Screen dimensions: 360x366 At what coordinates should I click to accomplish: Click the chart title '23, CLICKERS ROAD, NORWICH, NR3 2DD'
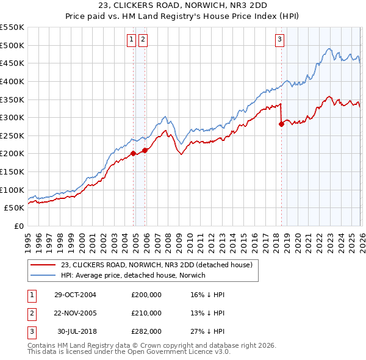pos(182,7)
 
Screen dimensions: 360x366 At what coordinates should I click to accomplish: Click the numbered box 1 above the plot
pos(131,40)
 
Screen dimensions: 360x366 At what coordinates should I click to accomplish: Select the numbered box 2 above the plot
pos(143,40)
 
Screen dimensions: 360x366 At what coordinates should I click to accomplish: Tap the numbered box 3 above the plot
pos(279,40)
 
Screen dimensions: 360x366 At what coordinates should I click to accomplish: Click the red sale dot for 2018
pos(281,124)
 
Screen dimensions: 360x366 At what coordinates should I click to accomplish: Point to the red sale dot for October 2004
pos(133,154)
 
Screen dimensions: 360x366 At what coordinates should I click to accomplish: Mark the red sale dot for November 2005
pos(145,150)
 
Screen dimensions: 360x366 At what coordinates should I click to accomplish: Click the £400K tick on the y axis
pos(13,81)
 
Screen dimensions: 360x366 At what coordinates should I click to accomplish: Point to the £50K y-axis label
pos(15,208)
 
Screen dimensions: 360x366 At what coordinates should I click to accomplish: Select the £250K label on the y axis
pos(13,135)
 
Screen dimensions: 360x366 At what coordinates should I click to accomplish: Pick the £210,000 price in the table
pos(146,313)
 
